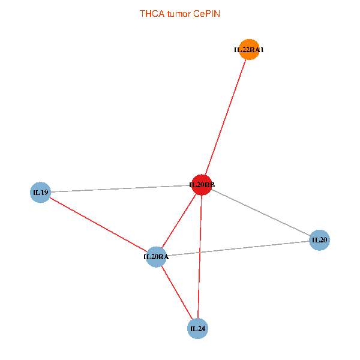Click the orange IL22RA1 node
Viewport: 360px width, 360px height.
(250, 49)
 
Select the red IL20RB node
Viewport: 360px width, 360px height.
(202, 185)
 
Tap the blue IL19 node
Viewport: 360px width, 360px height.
(40, 193)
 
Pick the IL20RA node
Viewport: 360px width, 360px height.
(157, 257)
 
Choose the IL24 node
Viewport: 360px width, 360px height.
(197, 329)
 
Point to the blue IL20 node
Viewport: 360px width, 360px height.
(320, 240)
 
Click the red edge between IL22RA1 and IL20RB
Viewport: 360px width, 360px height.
(226, 117)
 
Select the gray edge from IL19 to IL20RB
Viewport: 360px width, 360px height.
(121, 188)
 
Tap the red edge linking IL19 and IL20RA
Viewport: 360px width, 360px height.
(98, 225)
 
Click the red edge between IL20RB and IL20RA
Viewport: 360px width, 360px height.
(179, 221)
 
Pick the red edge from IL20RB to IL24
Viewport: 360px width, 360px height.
(200, 257)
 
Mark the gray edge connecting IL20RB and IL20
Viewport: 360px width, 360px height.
(260, 212)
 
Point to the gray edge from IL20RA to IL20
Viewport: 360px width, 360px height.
(238, 248)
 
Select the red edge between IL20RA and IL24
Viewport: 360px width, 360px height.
(177, 293)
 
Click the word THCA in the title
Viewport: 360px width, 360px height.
(152, 14)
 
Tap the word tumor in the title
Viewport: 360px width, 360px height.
(179, 14)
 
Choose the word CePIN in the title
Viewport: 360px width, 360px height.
(206, 14)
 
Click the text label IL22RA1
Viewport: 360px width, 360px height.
(249, 50)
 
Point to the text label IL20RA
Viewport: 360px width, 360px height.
(156, 257)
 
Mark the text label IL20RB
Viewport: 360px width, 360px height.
(202, 185)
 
